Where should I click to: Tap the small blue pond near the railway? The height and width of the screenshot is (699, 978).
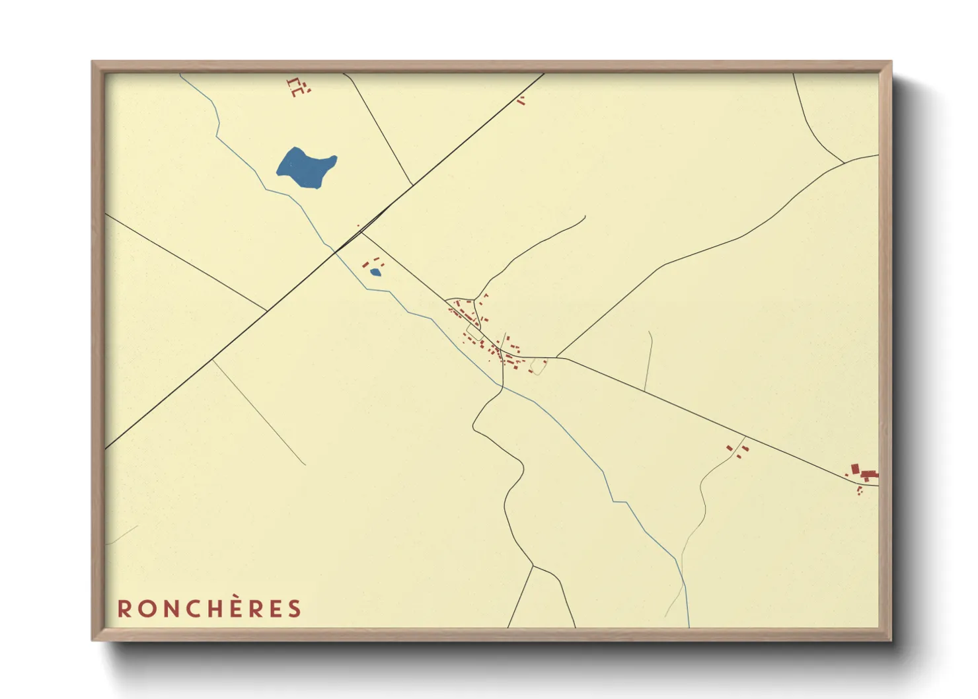[375, 272]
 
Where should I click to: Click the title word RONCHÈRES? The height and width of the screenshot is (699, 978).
[209, 608]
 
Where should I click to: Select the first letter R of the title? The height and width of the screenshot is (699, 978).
[124, 608]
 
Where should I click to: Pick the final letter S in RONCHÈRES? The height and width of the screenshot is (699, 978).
[295, 608]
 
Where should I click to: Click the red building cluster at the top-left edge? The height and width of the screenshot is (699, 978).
[298, 87]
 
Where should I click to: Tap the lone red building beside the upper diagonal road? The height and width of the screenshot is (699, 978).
[521, 101]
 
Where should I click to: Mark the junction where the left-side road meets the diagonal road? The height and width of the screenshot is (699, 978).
[266, 311]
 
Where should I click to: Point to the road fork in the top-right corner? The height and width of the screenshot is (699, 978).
[844, 163]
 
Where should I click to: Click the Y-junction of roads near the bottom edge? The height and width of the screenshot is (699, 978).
[533, 566]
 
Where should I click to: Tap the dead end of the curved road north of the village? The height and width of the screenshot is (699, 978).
[585, 217]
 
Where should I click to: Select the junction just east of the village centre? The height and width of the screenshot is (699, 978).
[557, 357]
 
